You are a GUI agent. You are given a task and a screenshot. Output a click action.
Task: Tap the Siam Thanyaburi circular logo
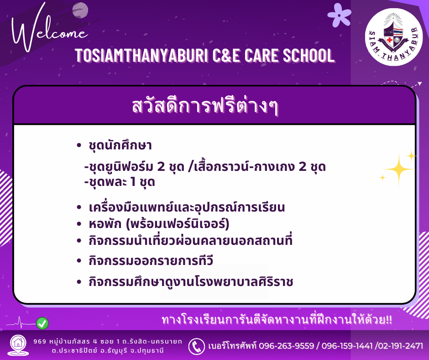point(394,37)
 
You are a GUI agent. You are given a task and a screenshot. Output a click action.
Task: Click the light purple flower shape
point(339,16)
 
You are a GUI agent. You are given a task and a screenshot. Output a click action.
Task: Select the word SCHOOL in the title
point(309,55)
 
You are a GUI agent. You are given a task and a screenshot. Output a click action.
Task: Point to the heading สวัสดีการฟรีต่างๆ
point(205,106)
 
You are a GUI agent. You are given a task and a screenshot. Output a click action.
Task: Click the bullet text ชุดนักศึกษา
point(120,145)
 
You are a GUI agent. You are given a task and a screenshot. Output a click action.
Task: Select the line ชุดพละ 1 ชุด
point(120,182)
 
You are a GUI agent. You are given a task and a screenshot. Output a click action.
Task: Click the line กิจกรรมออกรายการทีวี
point(151,260)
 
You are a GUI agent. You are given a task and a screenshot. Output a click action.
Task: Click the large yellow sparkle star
point(398,169)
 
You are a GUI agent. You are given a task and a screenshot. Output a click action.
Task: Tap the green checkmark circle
point(42,323)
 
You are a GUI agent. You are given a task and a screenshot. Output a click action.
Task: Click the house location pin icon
point(18,345)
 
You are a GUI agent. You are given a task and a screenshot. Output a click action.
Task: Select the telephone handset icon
point(196,346)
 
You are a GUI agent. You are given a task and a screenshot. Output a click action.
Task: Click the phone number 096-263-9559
point(286,346)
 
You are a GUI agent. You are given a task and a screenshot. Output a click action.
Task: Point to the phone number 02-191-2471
point(401,346)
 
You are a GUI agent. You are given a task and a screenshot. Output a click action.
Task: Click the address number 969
point(40,341)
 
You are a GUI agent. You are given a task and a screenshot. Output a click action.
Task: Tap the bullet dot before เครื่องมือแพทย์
point(79,207)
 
